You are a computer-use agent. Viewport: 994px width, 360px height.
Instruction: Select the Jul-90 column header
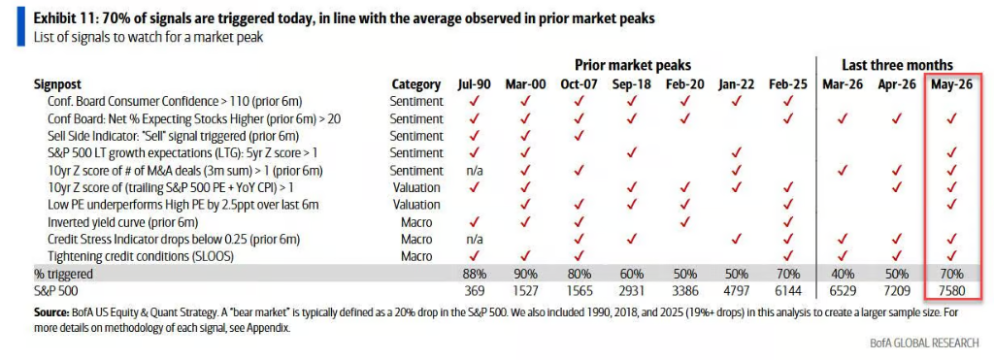pos(473,84)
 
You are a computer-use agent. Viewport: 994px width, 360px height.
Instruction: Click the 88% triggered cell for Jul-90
pos(473,275)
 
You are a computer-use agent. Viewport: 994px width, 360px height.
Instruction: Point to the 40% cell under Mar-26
pos(842,275)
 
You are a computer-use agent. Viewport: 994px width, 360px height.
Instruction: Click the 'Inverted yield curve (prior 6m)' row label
pos(123,222)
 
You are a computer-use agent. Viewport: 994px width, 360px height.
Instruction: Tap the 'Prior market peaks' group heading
pos(633,65)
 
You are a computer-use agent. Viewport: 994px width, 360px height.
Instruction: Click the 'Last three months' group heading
pos(897,65)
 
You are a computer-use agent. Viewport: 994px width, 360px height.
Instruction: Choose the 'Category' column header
pos(415,84)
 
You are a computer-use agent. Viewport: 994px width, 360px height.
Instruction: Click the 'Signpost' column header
pos(57,84)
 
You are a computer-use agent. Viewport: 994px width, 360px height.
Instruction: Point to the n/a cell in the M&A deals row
pos(473,171)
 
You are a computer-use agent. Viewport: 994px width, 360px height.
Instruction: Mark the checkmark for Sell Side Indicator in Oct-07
pos(579,136)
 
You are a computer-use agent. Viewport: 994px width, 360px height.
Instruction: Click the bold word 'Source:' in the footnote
pos(51,313)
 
